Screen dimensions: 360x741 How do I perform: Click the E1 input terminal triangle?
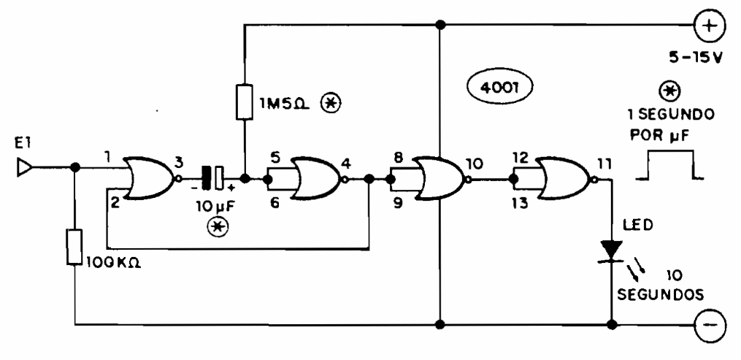[24, 169]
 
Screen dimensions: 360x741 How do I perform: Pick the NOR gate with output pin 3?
[149, 177]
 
